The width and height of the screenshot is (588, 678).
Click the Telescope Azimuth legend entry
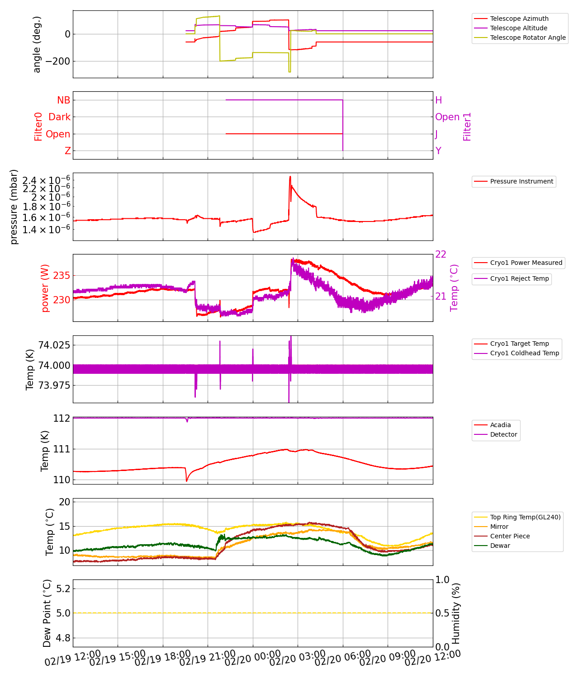[x=519, y=19]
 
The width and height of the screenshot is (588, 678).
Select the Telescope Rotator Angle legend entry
[x=527, y=38]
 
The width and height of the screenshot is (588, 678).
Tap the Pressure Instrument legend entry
[x=521, y=181]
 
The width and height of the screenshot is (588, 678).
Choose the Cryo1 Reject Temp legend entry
[x=519, y=278]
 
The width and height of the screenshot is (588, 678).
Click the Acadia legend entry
[x=500, y=425]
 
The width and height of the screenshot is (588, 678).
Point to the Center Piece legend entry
[x=510, y=536]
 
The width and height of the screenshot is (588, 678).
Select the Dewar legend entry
[x=500, y=546]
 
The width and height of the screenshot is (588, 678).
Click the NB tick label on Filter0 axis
[x=64, y=100]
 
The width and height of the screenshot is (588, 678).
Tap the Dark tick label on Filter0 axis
[x=60, y=117]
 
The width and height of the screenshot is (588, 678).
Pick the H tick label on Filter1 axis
[x=438, y=100]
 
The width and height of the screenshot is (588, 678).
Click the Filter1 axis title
[x=467, y=127]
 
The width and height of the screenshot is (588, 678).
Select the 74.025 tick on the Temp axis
[x=54, y=345]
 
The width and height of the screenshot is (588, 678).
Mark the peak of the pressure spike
[x=290, y=177]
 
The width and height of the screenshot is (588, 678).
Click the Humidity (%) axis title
[x=456, y=613]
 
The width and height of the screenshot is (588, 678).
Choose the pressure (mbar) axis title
[x=14, y=207]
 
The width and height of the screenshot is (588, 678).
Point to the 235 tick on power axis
[x=62, y=276]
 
